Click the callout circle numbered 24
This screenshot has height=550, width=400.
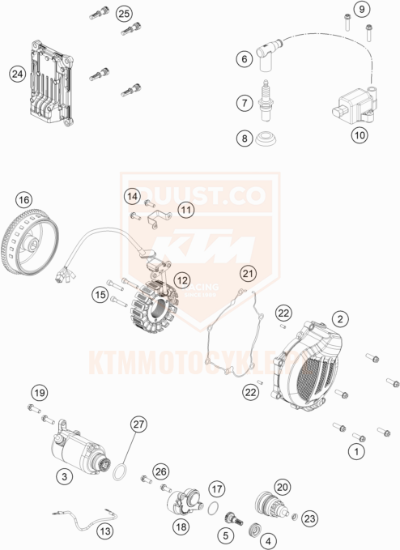(16, 75)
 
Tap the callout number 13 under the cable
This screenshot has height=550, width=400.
(105, 531)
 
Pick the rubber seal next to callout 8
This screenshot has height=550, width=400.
(266, 143)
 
